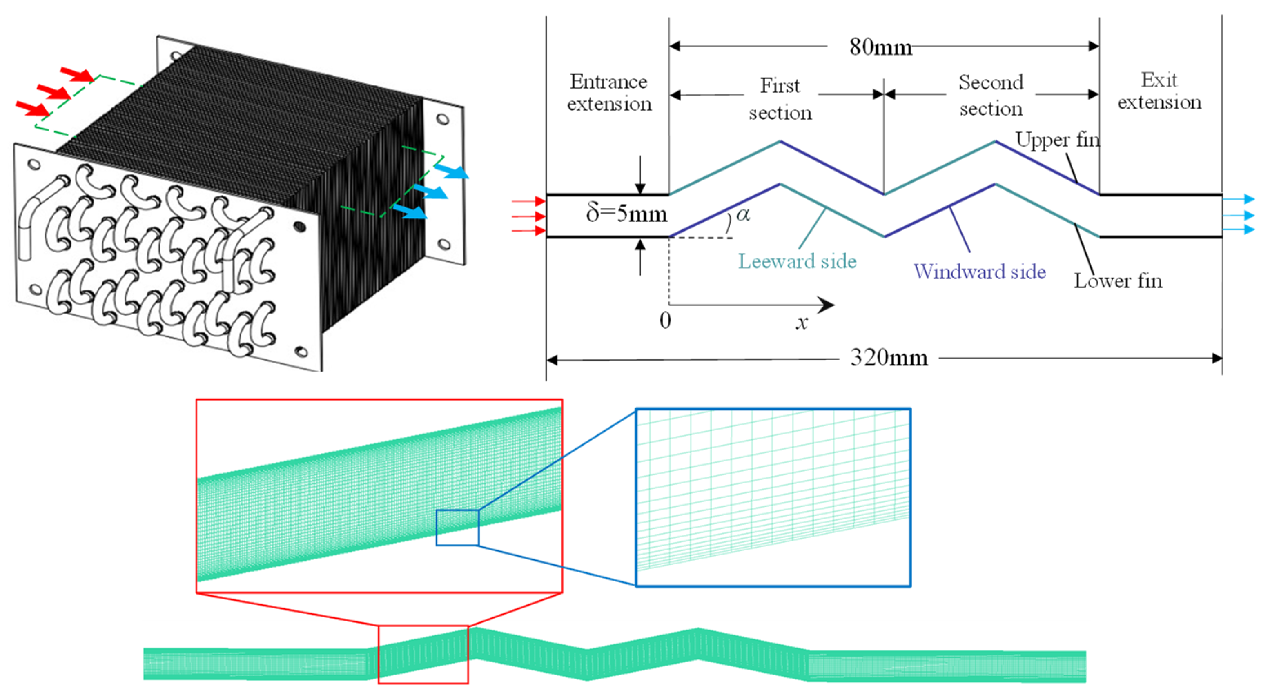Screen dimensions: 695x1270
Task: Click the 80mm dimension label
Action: [880, 47]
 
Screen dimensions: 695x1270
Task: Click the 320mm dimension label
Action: [889, 358]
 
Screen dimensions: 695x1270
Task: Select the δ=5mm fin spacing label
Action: [626, 214]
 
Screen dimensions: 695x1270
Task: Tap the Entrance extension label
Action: [609, 93]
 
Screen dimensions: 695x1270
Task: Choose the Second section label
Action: [991, 96]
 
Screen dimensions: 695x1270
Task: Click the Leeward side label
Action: [797, 261]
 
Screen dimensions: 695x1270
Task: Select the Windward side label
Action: [980, 272]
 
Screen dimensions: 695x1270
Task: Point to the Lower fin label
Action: [1118, 281]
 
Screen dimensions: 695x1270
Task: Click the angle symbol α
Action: [743, 214]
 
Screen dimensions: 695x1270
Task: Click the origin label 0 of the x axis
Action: [665, 321]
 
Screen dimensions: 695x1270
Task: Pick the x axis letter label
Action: [802, 323]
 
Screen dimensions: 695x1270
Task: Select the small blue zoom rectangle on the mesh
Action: [457, 528]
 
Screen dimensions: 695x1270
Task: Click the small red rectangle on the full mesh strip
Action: [423, 655]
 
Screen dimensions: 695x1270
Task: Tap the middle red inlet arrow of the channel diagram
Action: [528, 216]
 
